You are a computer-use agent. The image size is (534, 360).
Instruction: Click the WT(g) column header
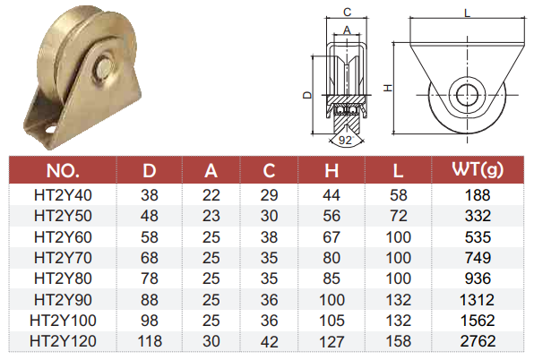478,170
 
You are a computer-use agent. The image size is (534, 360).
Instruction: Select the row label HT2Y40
63,195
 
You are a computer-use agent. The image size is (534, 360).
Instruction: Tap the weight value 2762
478,341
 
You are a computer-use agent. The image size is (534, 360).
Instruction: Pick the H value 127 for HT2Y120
332,341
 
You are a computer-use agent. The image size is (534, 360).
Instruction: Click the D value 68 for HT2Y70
150,258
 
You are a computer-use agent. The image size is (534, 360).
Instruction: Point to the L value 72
398,216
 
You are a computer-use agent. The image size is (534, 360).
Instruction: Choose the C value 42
269,341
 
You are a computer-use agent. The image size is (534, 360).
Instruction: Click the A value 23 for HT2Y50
211,216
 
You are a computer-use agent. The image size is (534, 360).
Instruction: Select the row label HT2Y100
63,321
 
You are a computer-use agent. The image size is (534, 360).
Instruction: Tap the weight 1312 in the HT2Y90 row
477,300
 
